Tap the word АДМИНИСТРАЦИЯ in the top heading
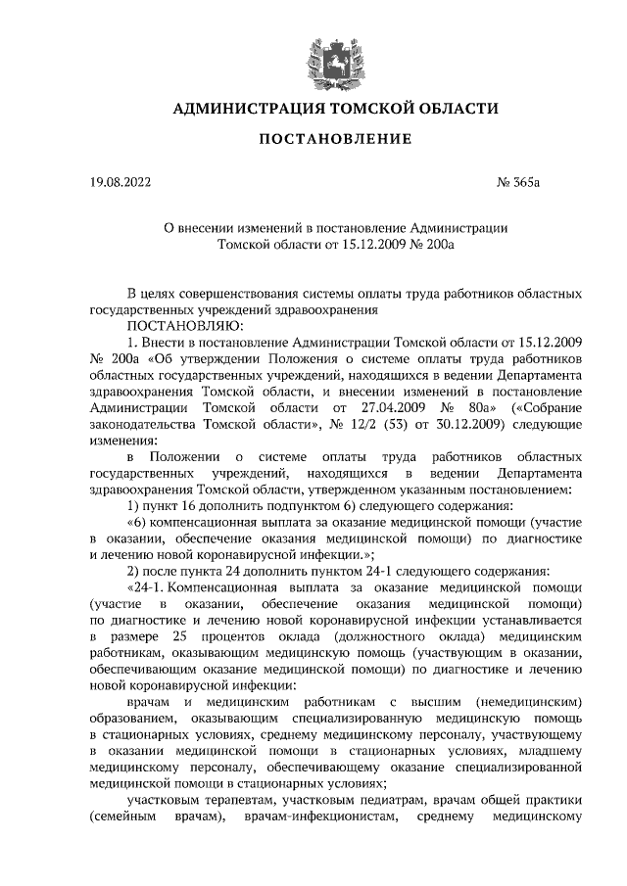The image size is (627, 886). (248, 109)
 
